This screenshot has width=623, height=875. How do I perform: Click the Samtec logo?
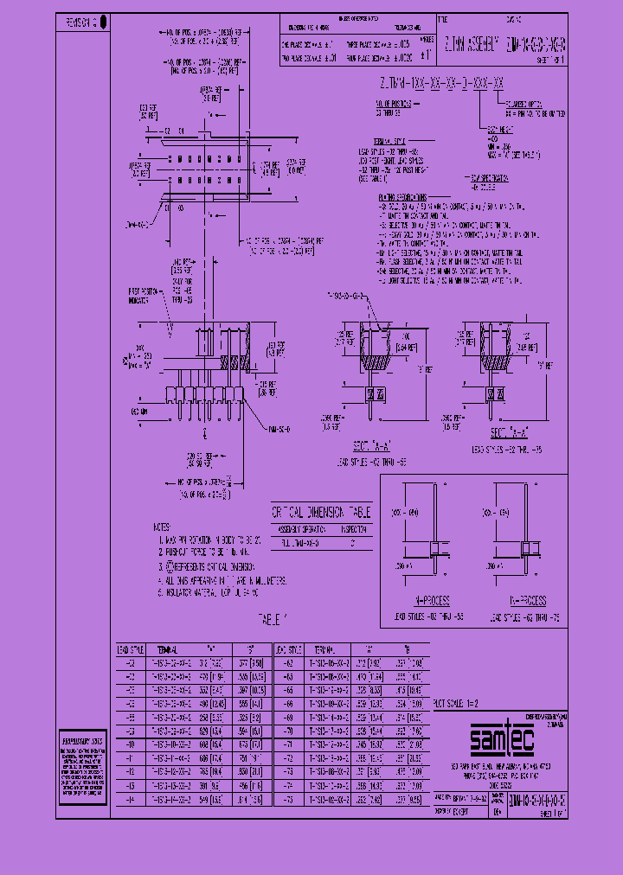coord(503,740)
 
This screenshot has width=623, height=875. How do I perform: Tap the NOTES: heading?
coord(163,526)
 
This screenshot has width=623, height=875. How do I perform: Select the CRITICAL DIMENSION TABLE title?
coord(321,511)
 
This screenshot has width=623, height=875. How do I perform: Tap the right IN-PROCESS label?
coord(525,599)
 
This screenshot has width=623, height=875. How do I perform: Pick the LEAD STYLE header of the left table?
coord(126,648)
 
